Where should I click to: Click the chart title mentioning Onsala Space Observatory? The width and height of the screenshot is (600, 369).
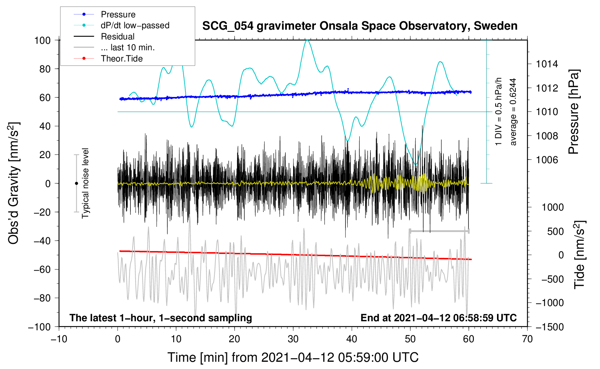(360, 26)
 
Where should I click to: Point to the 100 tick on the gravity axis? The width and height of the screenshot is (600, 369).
(42, 40)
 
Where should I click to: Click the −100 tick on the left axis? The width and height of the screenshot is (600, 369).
(39, 327)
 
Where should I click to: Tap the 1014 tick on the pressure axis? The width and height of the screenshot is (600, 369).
(547, 64)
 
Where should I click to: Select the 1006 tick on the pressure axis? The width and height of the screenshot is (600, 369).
(547, 160)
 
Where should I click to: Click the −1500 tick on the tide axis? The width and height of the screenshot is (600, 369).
(549, 327)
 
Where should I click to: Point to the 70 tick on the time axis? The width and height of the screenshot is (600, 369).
(527, 339)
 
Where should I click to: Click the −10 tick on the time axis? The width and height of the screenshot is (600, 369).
(59, 339)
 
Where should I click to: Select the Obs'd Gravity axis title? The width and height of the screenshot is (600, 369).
(13, 183)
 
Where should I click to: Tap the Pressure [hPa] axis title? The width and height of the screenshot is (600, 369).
(573, 112)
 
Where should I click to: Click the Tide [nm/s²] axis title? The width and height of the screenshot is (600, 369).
(579, 255)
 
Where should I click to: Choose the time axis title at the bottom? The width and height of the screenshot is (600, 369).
(293, 357)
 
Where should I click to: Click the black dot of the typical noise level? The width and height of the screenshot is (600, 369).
(76, 183)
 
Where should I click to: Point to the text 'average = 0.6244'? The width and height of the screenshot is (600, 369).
(513, 112)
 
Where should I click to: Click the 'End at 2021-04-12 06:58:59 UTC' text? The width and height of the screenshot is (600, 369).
(438, 318)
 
